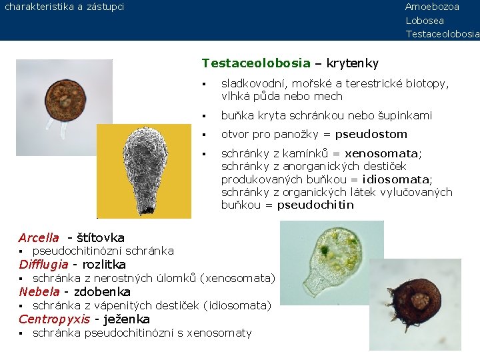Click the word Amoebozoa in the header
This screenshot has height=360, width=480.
[x=432, y=7]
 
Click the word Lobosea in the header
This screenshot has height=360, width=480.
[x=425, y=21]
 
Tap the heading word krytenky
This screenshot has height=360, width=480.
[x=353, y=63]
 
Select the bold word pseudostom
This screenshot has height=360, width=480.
[x=371, y=134]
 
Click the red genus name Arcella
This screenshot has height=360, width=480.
[x=39, y=238]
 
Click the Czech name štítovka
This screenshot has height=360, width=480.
[x=101, y=238]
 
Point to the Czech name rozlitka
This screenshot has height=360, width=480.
[x=104, y=265]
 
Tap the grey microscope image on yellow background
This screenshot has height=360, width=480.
[x=144, y=171]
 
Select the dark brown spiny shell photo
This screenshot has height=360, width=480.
[x=415, y=304]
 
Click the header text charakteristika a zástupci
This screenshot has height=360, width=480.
[x=64, y=7]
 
